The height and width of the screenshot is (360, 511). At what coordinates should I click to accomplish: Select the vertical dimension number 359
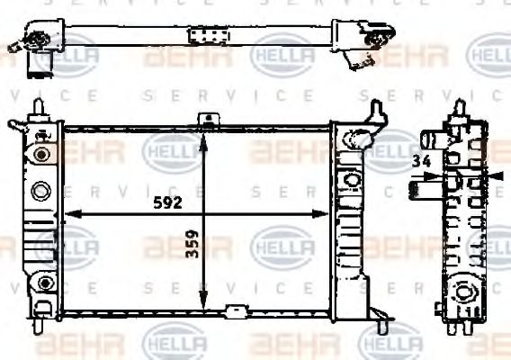point(192,241)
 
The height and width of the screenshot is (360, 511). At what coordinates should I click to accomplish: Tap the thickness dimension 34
point(419,162)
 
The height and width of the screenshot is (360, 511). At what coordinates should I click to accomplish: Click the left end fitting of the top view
point(38,43)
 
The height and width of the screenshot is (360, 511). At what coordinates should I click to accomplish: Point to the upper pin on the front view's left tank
point(39,107)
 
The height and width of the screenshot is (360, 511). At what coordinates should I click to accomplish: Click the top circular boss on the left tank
point(39,154)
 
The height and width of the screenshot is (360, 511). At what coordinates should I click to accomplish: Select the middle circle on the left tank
point(40,191)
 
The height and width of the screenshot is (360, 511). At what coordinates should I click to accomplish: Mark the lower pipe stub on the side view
point(422,188)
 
